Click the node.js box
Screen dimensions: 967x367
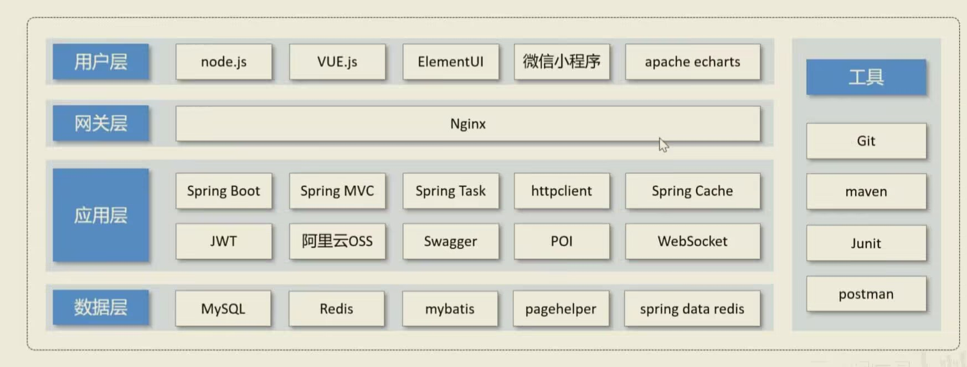pyautogui.click(x=224, y=62)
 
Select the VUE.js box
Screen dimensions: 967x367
pyautogui.click(x=337, y=62)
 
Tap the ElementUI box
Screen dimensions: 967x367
pyautogui.click(x=450, y=62)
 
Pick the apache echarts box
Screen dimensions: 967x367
pyautogui.click(x=692, y=62)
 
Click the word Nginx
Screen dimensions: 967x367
pyautogui.click(x=468, y=124)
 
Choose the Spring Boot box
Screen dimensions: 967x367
pyautogui.click(x=224, y=191)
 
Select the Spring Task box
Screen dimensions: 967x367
pyautogui.click(x=450, y=191)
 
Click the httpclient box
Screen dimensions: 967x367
pyautogui.click(x=562, y=191)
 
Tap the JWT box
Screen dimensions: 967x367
pyautogui.click(x=224, y=241)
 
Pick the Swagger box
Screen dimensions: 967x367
pyautogui.click(x=450, y=241)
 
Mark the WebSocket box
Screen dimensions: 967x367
pyautogui.click(x=692, y=241)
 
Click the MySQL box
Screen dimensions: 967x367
pyautogui.click(x=223, y=309)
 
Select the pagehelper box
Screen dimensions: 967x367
pyautogui.click(x=560, y=309)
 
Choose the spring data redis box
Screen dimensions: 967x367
pyautogui.click(x=692, y=309)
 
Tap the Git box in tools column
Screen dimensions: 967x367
pyautogui.click(x=866, y=141)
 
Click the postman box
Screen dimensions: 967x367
pyautogui.click(x=866, y=294)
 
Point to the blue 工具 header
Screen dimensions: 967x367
pyautogui.click(x=866, y=77)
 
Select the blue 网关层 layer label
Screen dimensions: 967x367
pyautogui.click(x=101, y=123)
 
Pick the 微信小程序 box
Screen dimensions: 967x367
pyautogui.click(x=562, y=62)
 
